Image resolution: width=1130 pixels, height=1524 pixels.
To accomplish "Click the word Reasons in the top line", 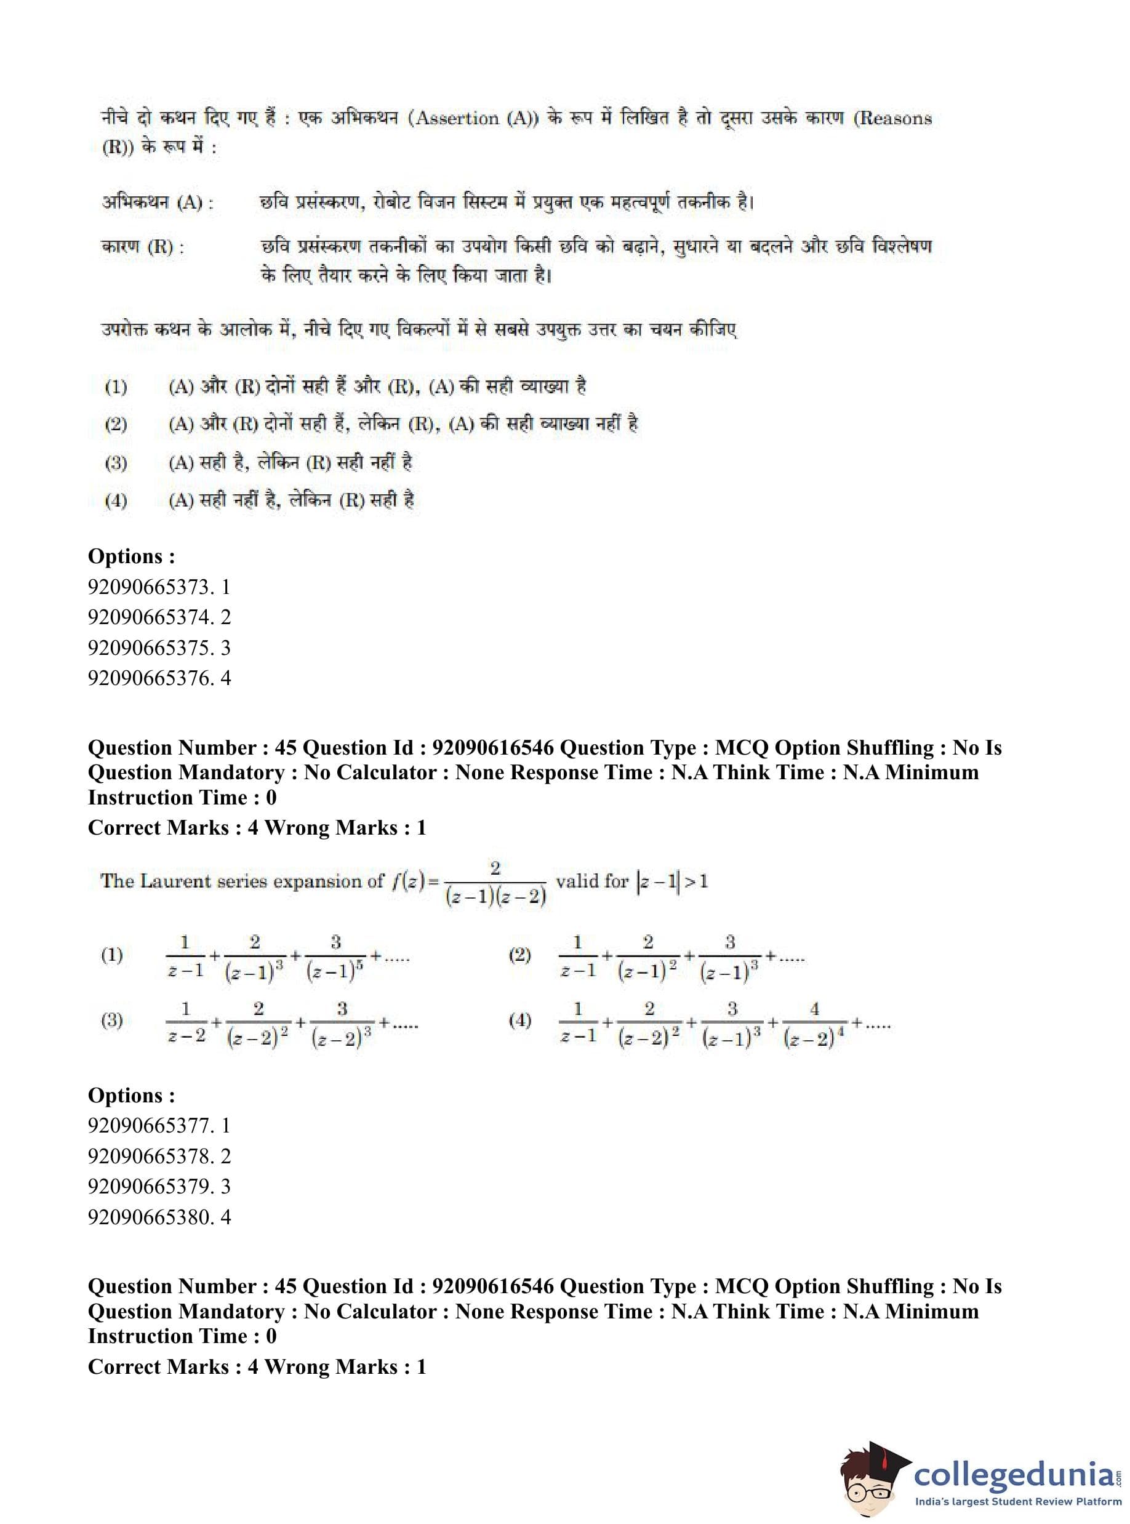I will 896,119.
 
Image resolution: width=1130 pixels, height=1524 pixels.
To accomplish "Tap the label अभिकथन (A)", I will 158,203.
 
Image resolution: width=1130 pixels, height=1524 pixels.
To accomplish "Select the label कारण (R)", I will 142,247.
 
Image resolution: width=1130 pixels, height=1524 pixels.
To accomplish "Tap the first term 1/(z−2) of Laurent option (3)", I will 186,1022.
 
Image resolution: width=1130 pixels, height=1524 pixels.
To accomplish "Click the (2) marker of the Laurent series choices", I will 520,955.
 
